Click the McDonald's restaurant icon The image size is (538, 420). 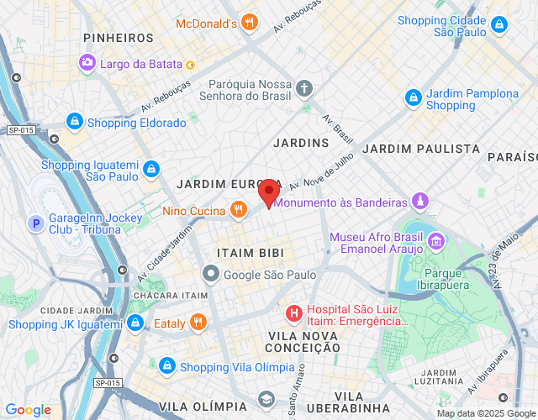click(x=248, y=24)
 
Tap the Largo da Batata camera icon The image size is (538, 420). click(x=87, y=63)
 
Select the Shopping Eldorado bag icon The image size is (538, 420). click(x=75, y=123)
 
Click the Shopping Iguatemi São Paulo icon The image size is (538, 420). click(x=150, y=170)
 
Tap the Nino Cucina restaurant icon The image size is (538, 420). click(x=239, y=209)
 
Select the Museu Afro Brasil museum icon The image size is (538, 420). click(x=436, y=243)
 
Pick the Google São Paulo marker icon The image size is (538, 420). click(x=210, y=275)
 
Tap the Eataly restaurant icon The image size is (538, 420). click(x=198, y=323)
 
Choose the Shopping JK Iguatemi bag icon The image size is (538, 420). click(x=134, y=323)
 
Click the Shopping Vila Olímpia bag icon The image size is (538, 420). click(x=167, y=367)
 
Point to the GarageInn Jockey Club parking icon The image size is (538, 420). click(x=36, y=223)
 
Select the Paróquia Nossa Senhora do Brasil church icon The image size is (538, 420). click(x=304, y=87)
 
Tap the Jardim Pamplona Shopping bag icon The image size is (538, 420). click(x=414, y=99)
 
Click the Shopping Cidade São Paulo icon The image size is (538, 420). click(x=499, y=25)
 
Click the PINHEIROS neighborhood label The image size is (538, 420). click(x=119, y=38)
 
